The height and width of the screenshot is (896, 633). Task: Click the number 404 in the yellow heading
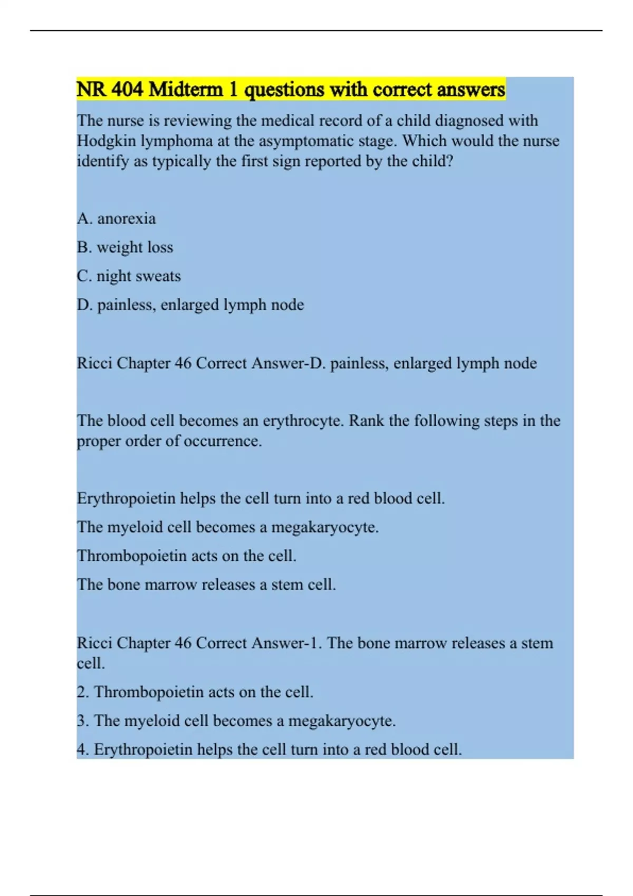(x=127, y=90)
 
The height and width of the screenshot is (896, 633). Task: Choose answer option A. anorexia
(x=116, y=219)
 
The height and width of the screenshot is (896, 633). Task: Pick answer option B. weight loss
(x=125, y=247)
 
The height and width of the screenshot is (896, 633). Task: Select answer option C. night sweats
(x=129, y=276)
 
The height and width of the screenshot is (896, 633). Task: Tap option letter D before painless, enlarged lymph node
(x=83, y=305)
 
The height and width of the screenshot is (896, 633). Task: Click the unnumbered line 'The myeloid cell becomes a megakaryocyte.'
(x=228, y=527)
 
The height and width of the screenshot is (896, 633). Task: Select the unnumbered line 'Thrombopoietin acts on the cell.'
(x=187, y=556)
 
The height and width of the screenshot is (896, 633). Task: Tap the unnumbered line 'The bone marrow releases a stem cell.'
(x=206, y=585)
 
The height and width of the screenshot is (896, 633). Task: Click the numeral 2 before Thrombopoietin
(x=82, y=692)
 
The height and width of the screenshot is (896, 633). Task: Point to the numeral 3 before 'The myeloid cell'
(x=82, y=721)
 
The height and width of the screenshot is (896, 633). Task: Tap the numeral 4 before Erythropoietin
(x=82, y=749)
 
